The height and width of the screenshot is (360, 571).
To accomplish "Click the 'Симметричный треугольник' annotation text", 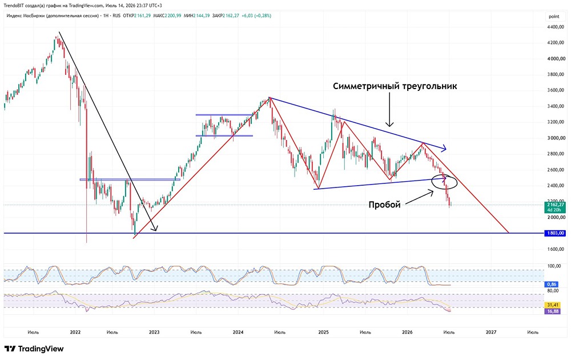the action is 395,86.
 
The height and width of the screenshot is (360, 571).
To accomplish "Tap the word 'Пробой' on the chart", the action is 384,205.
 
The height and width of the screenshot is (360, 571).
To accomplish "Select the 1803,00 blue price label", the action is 555,233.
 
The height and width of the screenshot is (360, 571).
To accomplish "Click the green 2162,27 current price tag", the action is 555,207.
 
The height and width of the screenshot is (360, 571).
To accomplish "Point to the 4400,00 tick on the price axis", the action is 556,27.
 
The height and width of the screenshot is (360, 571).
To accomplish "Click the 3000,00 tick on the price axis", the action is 556,138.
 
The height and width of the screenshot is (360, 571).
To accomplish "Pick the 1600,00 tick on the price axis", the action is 556,249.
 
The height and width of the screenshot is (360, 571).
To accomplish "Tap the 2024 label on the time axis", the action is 238,332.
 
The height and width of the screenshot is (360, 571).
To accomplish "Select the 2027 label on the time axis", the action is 491,332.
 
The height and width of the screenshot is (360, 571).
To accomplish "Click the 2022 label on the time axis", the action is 75,332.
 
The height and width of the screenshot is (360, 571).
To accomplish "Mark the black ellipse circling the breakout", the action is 432,182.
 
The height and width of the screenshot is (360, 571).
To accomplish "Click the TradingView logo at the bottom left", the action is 34,349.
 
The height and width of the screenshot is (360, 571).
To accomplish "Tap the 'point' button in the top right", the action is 554,17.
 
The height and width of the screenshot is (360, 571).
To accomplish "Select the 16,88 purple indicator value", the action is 553,311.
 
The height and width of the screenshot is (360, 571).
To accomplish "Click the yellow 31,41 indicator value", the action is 553,305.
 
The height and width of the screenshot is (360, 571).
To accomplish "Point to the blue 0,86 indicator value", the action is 552,284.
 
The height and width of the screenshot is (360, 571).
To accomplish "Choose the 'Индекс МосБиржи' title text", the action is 26,15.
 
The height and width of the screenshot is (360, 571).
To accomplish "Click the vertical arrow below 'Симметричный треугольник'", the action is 389,109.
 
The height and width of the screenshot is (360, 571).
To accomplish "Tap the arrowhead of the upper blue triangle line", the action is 444,149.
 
